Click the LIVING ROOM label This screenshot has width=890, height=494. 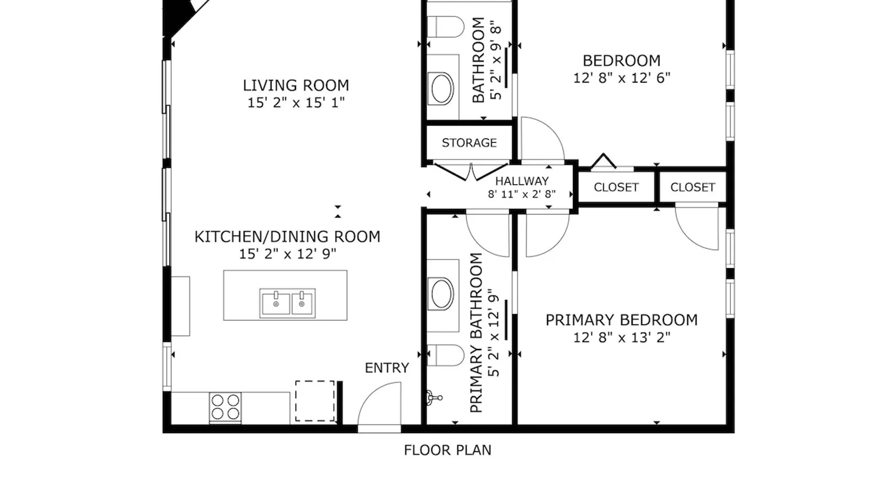[296, 85]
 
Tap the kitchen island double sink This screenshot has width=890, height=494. [287, 303]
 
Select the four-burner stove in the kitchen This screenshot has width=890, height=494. [225, 408]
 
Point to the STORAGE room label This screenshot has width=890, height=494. [469, 143]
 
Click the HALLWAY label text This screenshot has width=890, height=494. [522, 181]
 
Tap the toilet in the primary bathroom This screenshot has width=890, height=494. [445, 355]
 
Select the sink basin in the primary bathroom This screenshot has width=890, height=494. [443, 294]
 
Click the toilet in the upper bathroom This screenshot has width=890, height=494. [445, 27]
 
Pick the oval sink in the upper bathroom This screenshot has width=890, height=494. [443, 88]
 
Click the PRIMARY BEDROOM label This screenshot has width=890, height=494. [622, 320]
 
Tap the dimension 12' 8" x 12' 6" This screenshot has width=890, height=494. [622, 78]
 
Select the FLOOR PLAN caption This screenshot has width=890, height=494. [447, 451]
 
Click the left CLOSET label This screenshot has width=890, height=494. [616, 187]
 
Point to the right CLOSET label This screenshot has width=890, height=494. [693, 187]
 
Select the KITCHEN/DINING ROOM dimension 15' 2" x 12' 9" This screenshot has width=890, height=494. [287, 254]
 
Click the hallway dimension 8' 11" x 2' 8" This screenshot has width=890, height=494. [522, 194]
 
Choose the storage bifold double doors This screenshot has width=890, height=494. [471, 171]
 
